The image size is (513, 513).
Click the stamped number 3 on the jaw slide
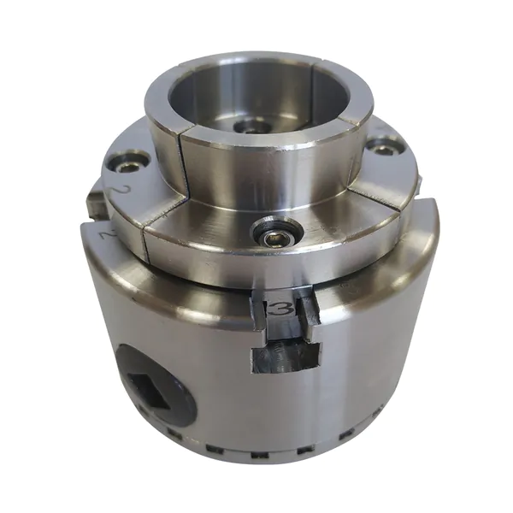coord(280,308)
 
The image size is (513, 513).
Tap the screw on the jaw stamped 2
coord(127,167)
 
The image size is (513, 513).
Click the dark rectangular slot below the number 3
coord(286,358)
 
